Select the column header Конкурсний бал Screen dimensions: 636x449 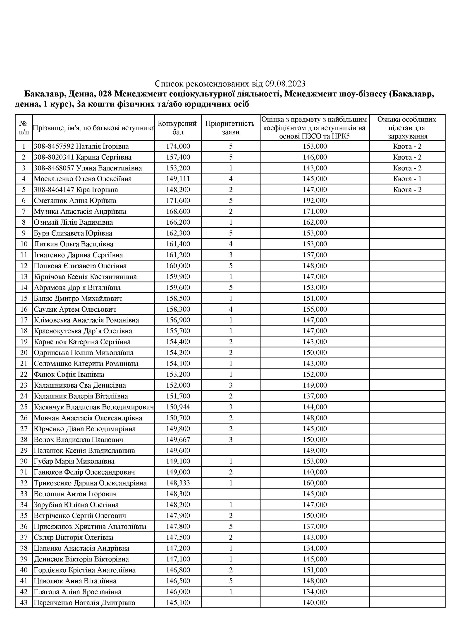pyautogui.click(x=178, y=127)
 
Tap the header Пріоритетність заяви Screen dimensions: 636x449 pyautogui.click(x=230, y=127)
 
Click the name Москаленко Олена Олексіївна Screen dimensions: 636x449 pyautogui.click(x=83, y=179)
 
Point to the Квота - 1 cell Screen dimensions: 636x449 pyautogui.click(x=407, y=179)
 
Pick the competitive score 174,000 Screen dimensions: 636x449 pyautogui.click(x=178, y=146)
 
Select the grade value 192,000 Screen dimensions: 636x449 pyautogui.click(x=315, y=201)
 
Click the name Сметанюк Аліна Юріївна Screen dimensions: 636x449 pyautogui.click(x=75, y=201)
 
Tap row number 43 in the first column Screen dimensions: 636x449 pyautogui.click(x=24, y=602)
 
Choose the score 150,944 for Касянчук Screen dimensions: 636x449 pyautogui.click(x=178, y=407)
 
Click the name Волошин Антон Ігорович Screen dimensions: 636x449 pyautogui.click(x=75, y=494)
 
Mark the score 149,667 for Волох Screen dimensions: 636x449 pyautogui.click(x=178, y=440)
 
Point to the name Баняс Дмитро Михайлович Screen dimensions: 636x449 pyautogui.click(x=78, y=298)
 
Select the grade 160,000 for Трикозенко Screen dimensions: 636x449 pyautogui.click(x=315, y=483)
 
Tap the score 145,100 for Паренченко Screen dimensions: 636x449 pyautogui.click(x=178, y=602)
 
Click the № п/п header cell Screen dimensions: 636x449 pyautogui.click(x=24, y=127)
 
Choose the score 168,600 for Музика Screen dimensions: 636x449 pyautogui.click(x=178, y=211)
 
